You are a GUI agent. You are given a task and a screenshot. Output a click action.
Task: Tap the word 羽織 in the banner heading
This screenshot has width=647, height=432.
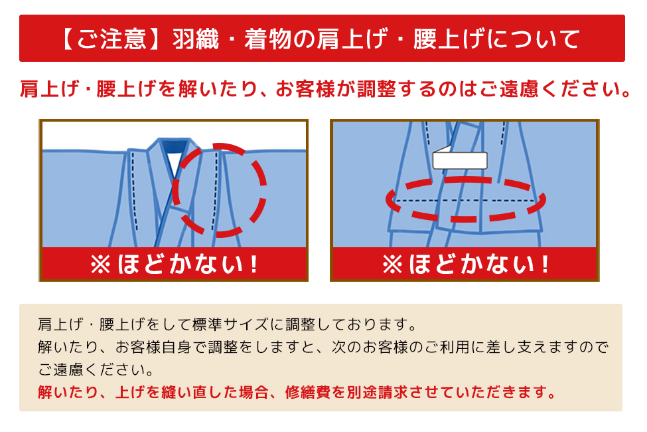point(196,39)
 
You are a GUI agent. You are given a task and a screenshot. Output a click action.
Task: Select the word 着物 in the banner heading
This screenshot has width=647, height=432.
point(268,39)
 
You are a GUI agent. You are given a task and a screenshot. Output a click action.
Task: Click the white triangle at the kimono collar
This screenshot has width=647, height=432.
point(175,162)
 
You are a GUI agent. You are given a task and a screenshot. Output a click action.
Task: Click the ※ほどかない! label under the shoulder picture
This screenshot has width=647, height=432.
point(175,264)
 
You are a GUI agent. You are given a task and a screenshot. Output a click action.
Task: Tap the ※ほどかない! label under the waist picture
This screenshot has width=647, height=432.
point(466,264)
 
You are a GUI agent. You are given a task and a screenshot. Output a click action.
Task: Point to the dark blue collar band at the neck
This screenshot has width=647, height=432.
point(174,145)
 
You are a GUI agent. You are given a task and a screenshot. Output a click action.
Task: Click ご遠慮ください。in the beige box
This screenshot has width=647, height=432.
point(96,370)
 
